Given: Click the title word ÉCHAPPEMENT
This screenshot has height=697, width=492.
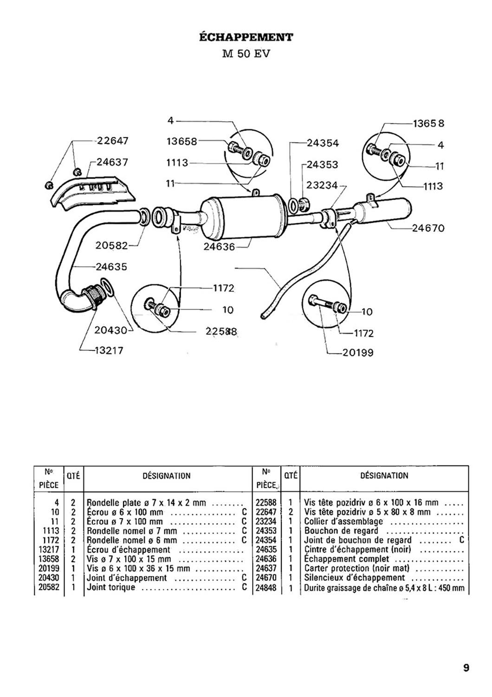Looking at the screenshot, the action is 246,37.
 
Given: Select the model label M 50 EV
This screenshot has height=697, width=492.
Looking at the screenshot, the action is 246,53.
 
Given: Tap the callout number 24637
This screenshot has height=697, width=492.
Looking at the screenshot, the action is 112,162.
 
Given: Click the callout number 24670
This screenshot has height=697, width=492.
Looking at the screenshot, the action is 428,229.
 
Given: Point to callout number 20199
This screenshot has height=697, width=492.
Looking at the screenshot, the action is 358,353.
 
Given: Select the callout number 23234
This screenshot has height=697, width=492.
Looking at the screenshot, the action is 322,185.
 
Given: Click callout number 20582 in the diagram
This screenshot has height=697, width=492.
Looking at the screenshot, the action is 111,245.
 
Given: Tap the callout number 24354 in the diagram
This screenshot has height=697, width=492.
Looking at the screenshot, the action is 323,143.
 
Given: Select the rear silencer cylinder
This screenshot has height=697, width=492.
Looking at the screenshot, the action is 383,210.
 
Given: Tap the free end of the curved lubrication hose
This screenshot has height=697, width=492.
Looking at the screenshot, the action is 263,316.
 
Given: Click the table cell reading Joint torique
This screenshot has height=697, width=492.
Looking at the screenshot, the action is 110,587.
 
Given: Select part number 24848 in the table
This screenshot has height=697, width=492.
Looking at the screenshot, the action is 266,588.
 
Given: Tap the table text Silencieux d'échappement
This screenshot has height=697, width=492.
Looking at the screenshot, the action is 355,578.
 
